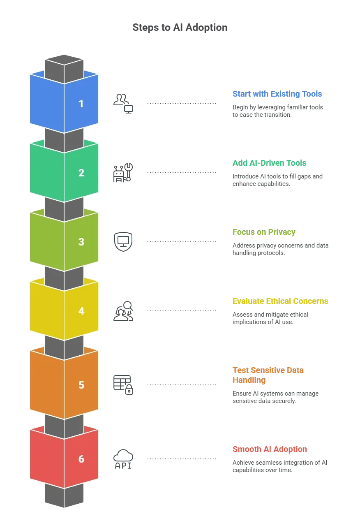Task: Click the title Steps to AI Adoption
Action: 180,27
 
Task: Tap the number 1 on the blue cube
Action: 81,104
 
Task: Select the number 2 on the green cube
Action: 81,173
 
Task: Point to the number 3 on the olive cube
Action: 81,242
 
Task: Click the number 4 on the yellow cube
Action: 81,311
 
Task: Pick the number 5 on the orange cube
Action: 81,385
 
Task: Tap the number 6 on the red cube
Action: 81,459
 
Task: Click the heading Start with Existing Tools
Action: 277,94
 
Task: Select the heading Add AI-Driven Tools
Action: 269,163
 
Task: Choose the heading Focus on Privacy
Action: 264,232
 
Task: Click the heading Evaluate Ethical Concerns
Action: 280,301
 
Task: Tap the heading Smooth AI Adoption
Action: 270,449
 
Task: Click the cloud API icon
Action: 123,459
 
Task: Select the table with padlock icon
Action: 123,385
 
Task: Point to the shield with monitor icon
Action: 123,242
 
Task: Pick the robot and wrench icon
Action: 123,173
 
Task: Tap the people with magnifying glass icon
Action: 123,311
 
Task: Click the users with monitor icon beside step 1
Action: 123,104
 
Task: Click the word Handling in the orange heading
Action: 249,380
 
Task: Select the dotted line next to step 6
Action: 182,459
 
